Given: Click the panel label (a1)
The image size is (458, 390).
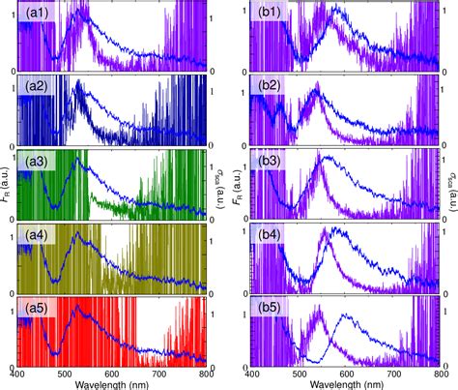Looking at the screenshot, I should pos(37,15).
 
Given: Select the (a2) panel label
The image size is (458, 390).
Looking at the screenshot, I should pos(37,87).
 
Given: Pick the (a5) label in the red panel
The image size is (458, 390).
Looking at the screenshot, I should pos(37,308).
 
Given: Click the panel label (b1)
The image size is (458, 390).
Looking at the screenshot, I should pos(267,15).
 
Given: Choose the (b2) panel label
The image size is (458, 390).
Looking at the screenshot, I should pos(267,87).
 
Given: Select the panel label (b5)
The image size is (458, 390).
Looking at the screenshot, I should pos(267,308).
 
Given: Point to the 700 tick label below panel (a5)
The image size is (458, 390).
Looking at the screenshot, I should pos(159,373).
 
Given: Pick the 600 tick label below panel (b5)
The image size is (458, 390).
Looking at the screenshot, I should pos(345,373).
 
